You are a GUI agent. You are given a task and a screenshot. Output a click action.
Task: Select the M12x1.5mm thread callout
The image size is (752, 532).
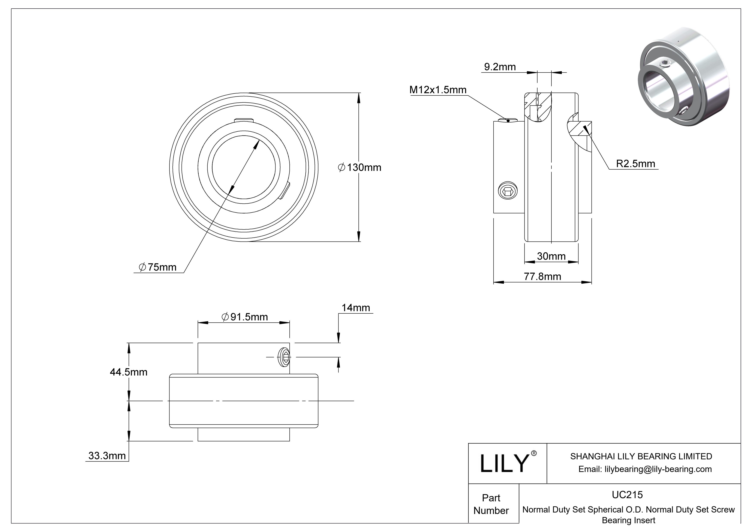point(438,90)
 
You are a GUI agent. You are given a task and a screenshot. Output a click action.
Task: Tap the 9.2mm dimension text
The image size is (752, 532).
point(500,67)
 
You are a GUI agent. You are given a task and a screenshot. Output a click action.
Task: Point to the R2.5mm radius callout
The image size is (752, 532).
point(635,164)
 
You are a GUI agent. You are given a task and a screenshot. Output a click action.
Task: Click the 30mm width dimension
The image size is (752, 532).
point(551,256)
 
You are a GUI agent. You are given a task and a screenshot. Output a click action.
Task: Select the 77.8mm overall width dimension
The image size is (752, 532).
point(542,277)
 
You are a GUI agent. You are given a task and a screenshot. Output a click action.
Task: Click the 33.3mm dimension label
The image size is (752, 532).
point(107,456)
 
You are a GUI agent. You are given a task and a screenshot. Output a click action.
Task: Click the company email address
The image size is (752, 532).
point(645,469)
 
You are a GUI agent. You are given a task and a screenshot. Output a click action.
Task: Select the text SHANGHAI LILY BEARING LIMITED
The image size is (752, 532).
point(641,456)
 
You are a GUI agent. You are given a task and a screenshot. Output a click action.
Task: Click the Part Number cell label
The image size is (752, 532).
point(491,504)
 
